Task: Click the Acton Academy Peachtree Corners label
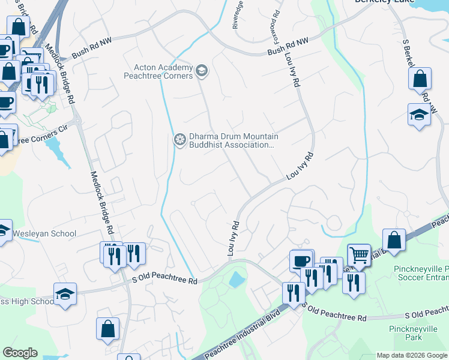click(x=158, y=71)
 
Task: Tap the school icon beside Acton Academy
click(x=202, y=71)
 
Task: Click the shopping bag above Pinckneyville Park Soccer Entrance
click(x=394, y=240)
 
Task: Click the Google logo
click(x=20, y=353)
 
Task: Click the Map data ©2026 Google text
click(x=412, y=355)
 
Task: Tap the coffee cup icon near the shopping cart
click(x=302, y=260)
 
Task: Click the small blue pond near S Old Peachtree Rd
click(x=237, y=279)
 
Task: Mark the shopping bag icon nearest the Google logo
click(x=107, y=328)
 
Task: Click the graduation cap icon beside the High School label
click(x=65, y=293)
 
